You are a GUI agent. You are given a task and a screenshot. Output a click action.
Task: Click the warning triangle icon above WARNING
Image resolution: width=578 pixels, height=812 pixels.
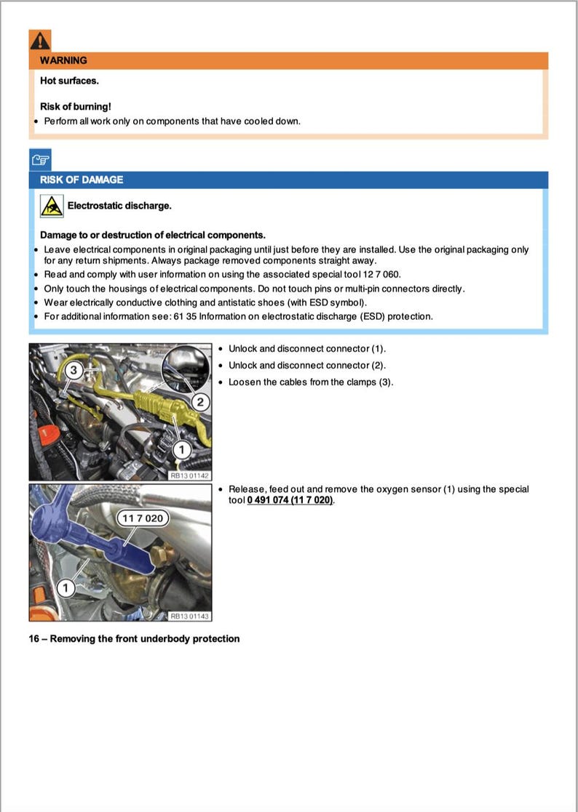[40, 40]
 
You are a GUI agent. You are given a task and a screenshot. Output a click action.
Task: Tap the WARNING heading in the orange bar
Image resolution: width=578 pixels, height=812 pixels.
[63, 60]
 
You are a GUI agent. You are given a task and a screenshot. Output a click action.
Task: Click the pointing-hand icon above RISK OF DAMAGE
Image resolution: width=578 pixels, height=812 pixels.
[40, 159]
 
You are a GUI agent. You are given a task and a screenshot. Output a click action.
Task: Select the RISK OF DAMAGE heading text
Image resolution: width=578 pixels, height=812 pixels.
[82, 180]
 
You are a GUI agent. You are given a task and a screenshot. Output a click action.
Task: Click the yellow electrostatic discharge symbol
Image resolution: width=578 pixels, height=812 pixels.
[52, 206]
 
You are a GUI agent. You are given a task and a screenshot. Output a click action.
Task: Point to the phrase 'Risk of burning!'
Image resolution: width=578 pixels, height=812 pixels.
[76, 107]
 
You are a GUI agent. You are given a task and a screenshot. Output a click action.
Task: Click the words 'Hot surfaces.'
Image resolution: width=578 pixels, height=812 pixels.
[69, 81]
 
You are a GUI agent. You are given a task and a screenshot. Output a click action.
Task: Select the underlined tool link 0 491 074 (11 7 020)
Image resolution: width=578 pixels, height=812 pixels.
[290, 500]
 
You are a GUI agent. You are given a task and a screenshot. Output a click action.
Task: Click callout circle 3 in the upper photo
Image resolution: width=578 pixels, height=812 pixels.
[74, 370]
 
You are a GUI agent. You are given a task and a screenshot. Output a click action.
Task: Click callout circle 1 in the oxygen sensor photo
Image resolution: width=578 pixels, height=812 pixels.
[65, 586]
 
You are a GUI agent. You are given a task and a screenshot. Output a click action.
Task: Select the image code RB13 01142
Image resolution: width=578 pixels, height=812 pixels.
[189, 475]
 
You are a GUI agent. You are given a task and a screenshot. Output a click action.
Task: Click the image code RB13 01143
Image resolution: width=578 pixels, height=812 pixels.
[189, 616]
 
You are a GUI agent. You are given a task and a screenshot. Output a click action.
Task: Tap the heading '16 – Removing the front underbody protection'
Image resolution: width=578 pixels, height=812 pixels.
[134, 638]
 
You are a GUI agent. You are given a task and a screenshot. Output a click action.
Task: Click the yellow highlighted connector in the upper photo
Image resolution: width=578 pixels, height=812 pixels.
[157, 401]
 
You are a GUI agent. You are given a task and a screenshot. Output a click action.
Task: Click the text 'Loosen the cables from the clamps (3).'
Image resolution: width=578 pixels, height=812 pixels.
[311, 382]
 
